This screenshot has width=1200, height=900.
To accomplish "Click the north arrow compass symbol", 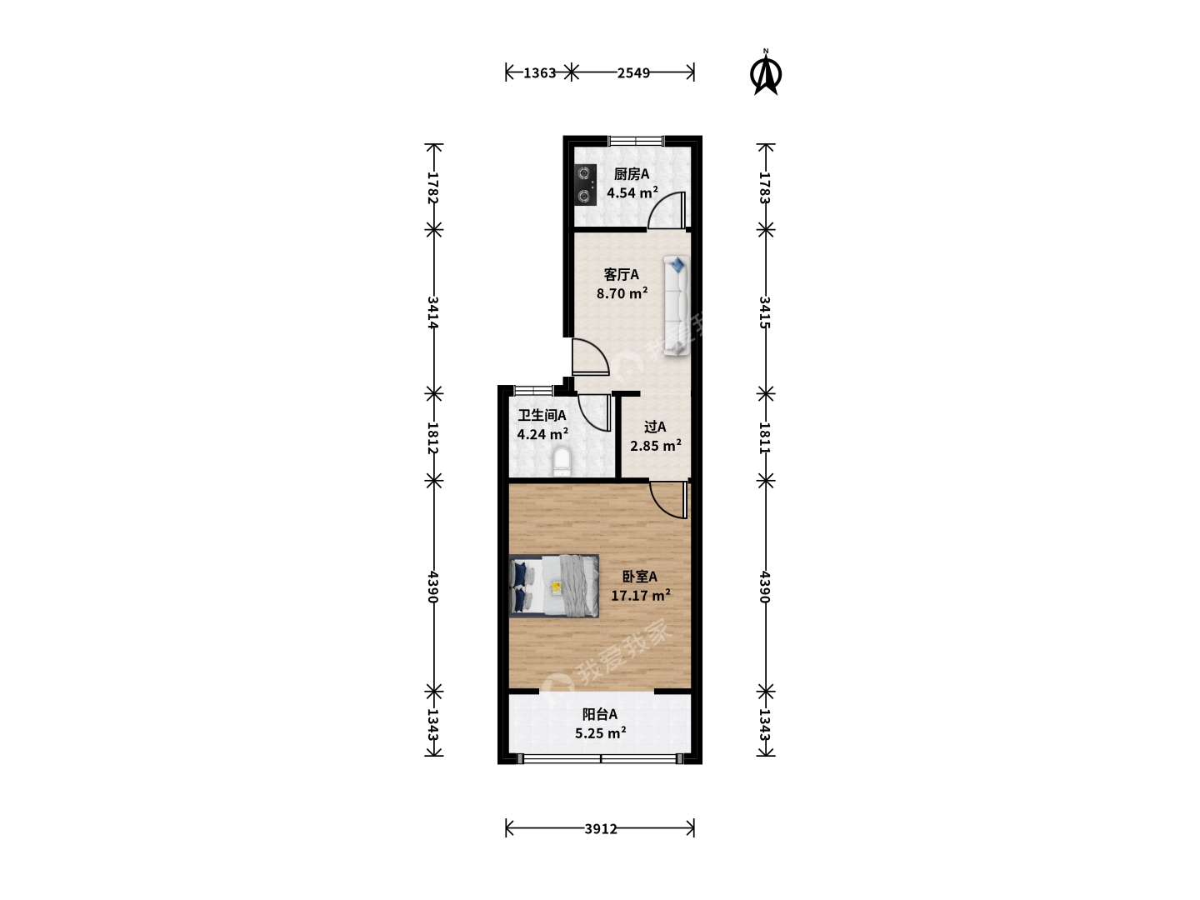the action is coord(765,72).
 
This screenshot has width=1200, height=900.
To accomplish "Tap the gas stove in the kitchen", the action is coord(586,185).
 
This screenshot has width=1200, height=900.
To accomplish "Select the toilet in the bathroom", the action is coord(562,461).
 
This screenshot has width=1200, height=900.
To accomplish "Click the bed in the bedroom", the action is coord(554,586).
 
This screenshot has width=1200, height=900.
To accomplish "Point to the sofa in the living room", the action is coord(677,306).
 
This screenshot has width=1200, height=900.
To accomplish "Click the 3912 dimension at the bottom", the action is coord(600,829).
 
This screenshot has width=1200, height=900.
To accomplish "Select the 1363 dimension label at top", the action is coord(539,72).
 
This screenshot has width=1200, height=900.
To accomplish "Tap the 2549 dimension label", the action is coord(633,72).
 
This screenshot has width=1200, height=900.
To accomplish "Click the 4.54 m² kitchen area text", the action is coord(632,192).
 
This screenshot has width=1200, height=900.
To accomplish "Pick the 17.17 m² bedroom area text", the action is coord(641,595).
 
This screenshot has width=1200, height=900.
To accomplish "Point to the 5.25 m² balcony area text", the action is coord(600,732).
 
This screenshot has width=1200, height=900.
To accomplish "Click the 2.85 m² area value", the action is coord(656,445).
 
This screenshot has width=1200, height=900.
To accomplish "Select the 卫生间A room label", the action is coord(542,415).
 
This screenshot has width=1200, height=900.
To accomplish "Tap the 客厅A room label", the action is coord(621,274).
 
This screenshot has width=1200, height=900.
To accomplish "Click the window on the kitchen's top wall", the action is coord(637,141).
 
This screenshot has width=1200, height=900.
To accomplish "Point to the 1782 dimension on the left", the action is coord(433,187).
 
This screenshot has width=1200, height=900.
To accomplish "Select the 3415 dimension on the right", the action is coord(765,312).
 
